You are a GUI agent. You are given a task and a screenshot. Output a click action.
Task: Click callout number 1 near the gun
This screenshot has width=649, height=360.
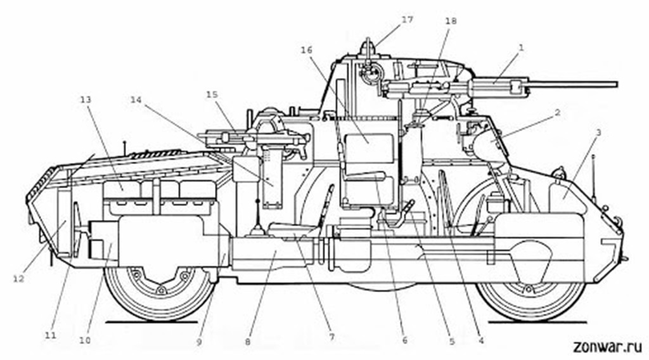(521, 48)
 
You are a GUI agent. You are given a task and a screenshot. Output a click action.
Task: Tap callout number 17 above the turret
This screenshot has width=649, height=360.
(408, 19)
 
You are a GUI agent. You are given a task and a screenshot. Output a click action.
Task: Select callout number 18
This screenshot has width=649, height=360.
(451, 21)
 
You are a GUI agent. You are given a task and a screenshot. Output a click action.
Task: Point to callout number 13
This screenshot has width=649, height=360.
(86, 100)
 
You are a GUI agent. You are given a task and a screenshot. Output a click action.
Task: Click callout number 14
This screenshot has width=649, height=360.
(136, 100)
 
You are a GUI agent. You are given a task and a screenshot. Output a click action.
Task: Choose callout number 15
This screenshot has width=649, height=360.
(212, 95)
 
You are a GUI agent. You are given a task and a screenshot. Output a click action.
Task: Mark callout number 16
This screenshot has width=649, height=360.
(307, 50)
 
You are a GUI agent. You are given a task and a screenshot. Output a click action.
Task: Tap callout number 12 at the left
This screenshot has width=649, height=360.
(18, 279)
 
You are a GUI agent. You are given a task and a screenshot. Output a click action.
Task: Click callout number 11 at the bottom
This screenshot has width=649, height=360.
(50, 335)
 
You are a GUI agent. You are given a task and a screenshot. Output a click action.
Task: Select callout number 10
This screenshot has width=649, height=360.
(84, 340)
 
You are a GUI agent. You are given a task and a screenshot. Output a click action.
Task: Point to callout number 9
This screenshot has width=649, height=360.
(199, 342)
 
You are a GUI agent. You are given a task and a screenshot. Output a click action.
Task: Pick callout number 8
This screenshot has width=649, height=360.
(248, 342)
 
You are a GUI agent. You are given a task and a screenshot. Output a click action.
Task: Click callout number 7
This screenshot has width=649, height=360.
(331, 337)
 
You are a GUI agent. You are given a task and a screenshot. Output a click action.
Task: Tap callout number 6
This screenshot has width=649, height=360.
(405, 340)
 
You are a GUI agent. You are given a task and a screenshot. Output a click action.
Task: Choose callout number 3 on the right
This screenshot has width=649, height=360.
(598, 132)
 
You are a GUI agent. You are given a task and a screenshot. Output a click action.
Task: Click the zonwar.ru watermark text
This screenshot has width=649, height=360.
(607, 347)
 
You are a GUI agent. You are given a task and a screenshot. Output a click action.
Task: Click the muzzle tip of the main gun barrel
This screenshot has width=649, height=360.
(617, 84)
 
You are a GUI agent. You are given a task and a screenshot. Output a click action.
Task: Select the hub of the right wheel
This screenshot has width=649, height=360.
(528, 288)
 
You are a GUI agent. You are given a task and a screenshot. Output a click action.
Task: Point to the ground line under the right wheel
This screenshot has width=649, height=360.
(537, 322)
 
